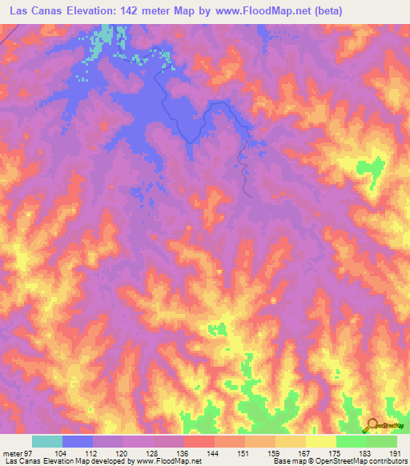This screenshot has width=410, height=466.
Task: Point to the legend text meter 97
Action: point(16,453)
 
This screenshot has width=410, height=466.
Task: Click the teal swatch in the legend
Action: point(47,441)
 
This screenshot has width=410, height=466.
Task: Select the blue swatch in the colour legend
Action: point(78,441)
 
